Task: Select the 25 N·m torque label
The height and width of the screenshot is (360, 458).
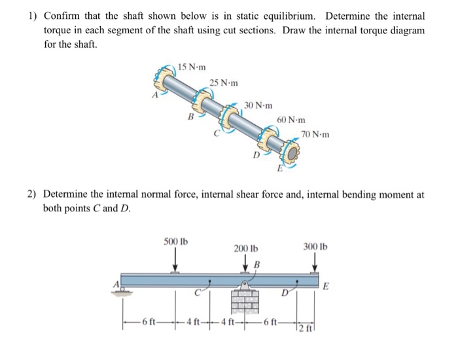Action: click(224, 83)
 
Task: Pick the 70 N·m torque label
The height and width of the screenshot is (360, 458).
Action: click(315, 135)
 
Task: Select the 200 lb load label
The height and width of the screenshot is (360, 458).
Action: click(246, 248)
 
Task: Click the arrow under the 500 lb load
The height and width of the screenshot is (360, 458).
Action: click(175, 262)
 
